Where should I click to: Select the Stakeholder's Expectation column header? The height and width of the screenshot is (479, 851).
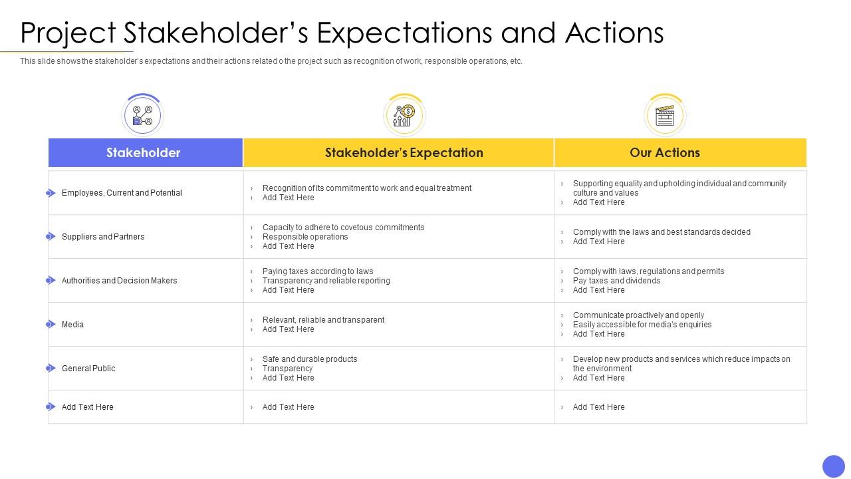pyautogui.click(x=404, y=152)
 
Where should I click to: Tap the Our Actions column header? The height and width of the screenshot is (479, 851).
pyautogui.click(x=665, y=152)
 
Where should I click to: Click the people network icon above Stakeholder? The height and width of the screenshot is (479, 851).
pyautogui.click(x=142, y=115)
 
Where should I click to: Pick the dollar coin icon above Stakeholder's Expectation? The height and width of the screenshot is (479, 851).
pyautogui.click(x=404, y=115)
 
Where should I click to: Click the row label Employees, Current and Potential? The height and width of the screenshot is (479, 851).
pyautogui.click(x=122, y=193)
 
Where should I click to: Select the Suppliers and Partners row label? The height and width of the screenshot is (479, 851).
pyautogui.click(x=103, y=237)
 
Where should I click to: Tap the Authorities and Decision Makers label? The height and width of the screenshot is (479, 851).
pyautogui.click(x=120, y=281)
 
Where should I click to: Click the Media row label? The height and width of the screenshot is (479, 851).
pyautogui.click(x=72, y=325)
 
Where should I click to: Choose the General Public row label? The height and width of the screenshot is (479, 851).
pyautogui.click(x=88, y=369)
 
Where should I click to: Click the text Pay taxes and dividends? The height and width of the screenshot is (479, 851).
pyautogui.click(x=616, y=281)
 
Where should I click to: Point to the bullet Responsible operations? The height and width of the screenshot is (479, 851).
pyautogui.click(x=305, y=237)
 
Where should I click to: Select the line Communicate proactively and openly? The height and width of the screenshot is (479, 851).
pyautogui.click(x=638, y=315)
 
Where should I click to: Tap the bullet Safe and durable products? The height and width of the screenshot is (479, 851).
pyautogui.click(x=310, y=359)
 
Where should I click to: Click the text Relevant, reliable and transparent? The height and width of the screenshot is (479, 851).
pyautogui.click(x=323, y=320)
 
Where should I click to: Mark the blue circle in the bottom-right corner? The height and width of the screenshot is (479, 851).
pyautogui.click(x=833, y=466)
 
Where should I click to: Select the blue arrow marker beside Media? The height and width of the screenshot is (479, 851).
pyautogui.click(x=51, y=325)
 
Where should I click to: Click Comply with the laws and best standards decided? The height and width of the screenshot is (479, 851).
pyautogui.click(x=662, y=232)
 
